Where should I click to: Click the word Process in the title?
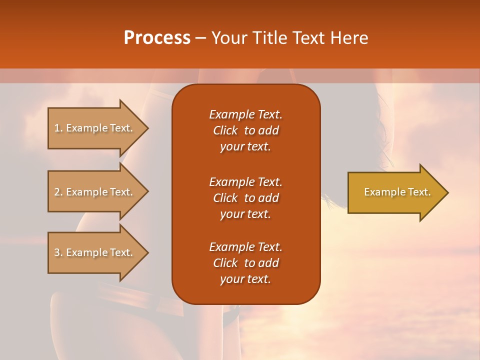(157, 38)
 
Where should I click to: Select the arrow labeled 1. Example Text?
(95, 128)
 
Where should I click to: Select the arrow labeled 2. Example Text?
(95, 192)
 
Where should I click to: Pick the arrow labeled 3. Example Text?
(95, 252)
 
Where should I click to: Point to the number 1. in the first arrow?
(58, 128)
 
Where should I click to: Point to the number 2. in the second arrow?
(58, 192)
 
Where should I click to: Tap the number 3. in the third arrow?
(58, 252)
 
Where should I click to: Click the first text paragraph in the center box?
(245, 130)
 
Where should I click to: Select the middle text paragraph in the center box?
(245, 198)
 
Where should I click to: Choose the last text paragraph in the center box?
(245, 263)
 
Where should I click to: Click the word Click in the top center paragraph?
(225, 130)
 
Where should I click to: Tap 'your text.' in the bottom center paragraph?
(245, 279)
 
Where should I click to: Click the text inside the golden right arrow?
(397, 192)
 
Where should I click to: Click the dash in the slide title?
(200, 38)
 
